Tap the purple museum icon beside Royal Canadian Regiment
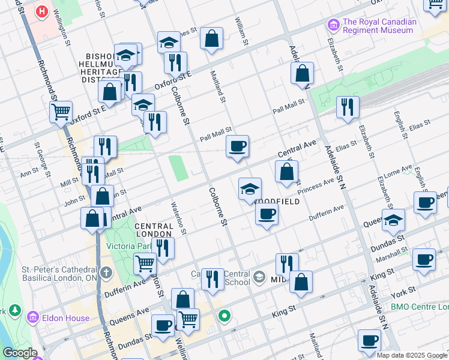point(333,25)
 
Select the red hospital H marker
point(41,11)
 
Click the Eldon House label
point(65,318)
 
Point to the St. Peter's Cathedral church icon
point(106,274)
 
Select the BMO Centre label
point(419,307)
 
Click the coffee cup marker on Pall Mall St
point(237,146)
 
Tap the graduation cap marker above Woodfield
point(250,189)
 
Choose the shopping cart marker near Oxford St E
point(61,111)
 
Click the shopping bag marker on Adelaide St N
point(303,73)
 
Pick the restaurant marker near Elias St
point(348,107)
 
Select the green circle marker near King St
point(225,315)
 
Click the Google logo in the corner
point(20,353)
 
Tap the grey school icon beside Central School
point(259,277)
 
